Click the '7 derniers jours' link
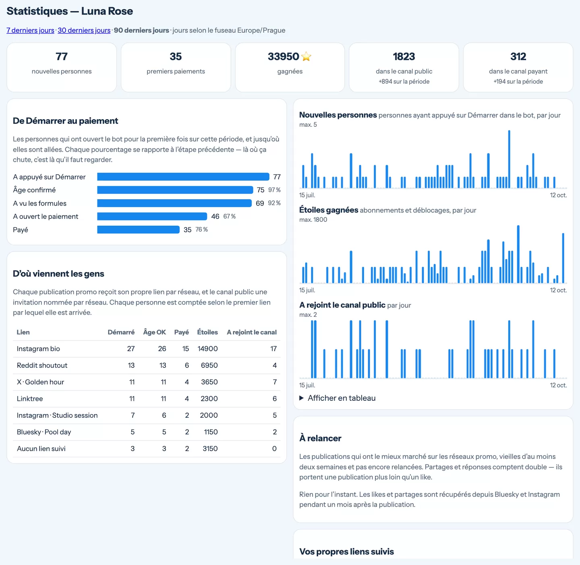pyautogui.click(x=30, y=30)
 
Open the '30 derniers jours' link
pyautogui.click(x=84, y=30)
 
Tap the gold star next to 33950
pyautogui.click(x=306, y=56)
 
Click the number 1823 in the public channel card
pyautogui.click(x=404, y=56)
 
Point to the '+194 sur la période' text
pyautogui.click(x=518, y=81)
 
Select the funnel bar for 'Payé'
pyautogui.click(x=138, y=230)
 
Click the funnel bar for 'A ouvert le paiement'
pyautogui.click(x=152, y=216)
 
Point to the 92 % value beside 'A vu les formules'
pyautogui.click(x=274, y=203)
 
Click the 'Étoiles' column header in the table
pyautogui.click(x=207, y=332)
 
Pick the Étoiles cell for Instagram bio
pyautogui.click(x=207, y=348)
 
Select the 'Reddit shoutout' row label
pyautogui.click(x=42, y=365)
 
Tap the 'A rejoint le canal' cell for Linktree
pyautogui.click(x=275, y=398)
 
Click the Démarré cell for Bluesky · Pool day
pyautogui.click(x=133, y=432)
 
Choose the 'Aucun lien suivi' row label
pyautogui.click(x=41, y=449)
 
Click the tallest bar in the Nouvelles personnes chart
pyautogui.click(x=509, y=159)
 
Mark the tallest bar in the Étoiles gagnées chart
pyautogui.click(x=518, y=254)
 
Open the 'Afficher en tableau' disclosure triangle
pyautogui.click(x=301, y=398)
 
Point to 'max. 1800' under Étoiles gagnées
pyautogui.click(x=313, y=220)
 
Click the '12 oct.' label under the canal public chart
pyautogui.click(x=558, y=385)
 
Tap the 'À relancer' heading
pyautogui.click(x=320, y=438)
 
